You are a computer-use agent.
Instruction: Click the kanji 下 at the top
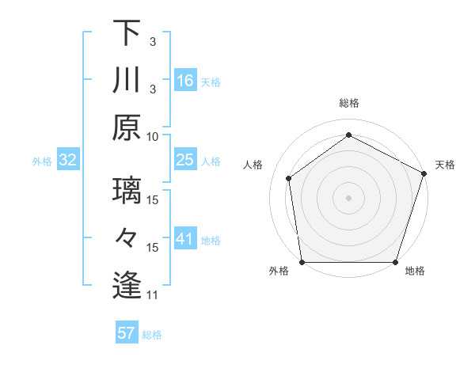coord(127,34)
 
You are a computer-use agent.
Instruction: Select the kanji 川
coord(127,80)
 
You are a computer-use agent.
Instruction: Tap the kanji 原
coord(127,127)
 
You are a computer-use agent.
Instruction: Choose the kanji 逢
coord(127,285)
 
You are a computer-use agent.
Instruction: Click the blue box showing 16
coord(185,81)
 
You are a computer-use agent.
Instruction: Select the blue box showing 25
coord(185,161)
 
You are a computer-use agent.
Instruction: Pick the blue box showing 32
coord(67,161)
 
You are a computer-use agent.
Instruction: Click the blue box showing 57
coord(127,333)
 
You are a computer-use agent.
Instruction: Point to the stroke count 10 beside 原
coord(154,135)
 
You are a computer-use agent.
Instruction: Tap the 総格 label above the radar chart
coord(348,103)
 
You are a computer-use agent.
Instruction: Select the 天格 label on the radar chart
coord(445,165)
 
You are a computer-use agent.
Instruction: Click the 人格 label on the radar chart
coord(253,165)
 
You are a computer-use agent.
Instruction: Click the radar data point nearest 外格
coord(302,262)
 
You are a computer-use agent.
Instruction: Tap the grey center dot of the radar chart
coord(348,197)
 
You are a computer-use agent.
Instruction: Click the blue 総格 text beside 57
coord(152,335)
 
